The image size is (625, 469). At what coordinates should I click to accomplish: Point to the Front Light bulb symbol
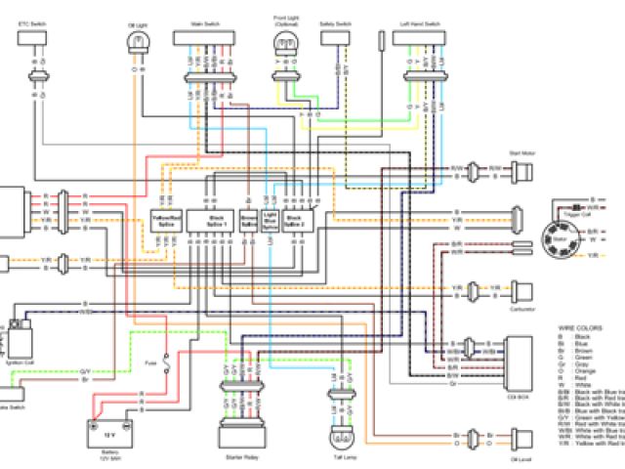285,41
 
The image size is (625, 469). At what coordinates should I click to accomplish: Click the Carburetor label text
523,307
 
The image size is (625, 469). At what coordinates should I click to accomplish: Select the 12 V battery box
110,430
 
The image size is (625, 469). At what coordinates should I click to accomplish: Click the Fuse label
151,362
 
